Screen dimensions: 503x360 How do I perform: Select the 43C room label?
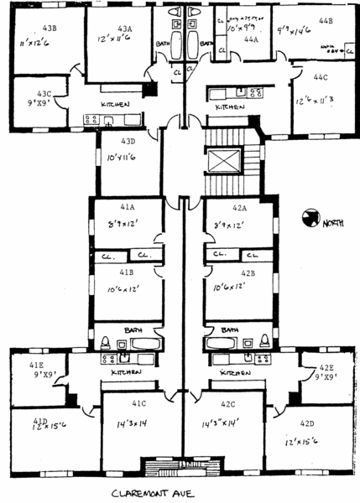44,94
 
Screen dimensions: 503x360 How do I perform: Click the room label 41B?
126,272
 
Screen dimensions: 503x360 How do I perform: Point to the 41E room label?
36,366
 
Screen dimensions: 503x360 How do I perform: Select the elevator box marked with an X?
222,160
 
